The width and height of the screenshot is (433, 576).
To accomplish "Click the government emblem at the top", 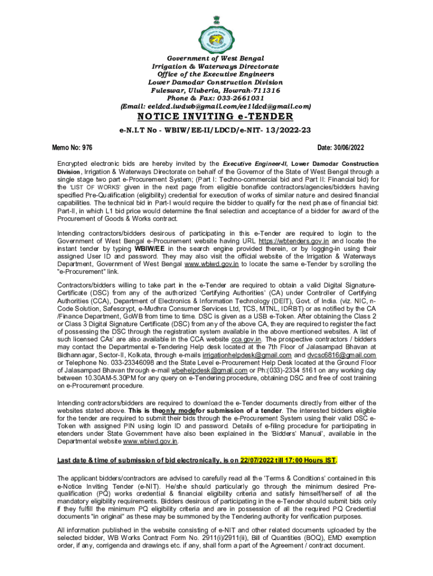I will pyautogui.click(x=216, y=30).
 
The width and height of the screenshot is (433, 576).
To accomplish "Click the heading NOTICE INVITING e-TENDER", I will pyautogui.click(x=216, y=116).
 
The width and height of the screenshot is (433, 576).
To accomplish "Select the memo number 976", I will pyautogui.click(x=86, y=147).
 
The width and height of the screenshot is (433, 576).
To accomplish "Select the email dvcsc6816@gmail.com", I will pyautogui.click(x=344, y=356).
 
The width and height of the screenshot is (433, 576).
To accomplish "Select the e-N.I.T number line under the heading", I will pyautogui.click(x=216, y=129).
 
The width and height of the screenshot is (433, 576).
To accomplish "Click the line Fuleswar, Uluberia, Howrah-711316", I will pyautogui.click(x=216, y=90).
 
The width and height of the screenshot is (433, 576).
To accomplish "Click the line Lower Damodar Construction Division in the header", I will pyautogui.click(x=216, y=82).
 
